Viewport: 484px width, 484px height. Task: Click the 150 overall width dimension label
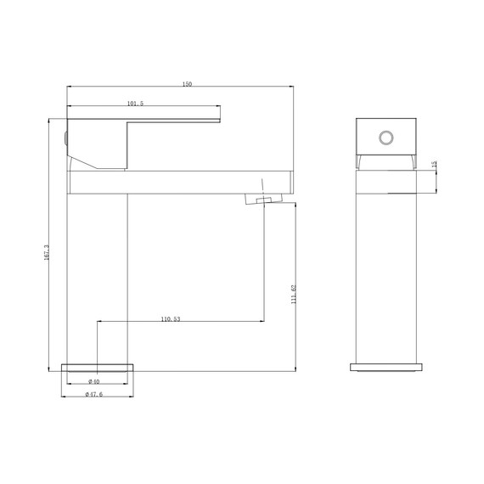point(188,84)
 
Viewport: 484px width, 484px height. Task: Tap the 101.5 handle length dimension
point(135,104)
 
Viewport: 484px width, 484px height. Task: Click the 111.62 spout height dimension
point(293,294)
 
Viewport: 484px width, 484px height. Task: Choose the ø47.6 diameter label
point(94,394)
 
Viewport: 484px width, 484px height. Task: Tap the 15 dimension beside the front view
point(434,164)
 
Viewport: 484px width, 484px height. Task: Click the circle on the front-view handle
point(386,138)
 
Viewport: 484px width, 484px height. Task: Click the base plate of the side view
point(386,368)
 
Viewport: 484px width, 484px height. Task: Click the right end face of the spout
point(291,181)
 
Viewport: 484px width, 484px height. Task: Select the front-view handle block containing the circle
point(386,138)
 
